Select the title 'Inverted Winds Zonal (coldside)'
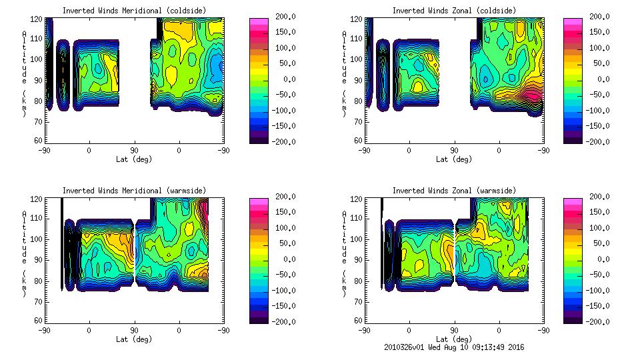pos(454,10)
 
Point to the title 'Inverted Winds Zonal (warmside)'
pos(454,191)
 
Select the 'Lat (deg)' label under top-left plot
pos(134,159)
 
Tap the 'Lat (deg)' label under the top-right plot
pos(454,159)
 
